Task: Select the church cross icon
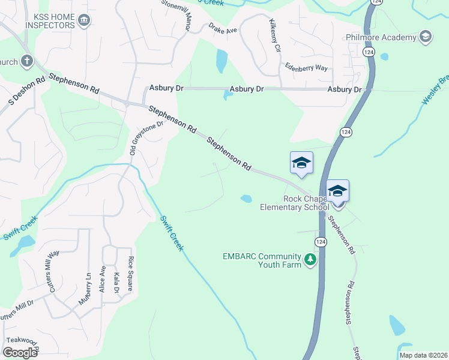(26, 61)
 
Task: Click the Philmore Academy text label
(381, 37)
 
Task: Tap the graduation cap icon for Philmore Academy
(425, 37)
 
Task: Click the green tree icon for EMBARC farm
(310, 260)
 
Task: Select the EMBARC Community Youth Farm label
(262, 260)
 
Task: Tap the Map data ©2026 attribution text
(423, 355)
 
